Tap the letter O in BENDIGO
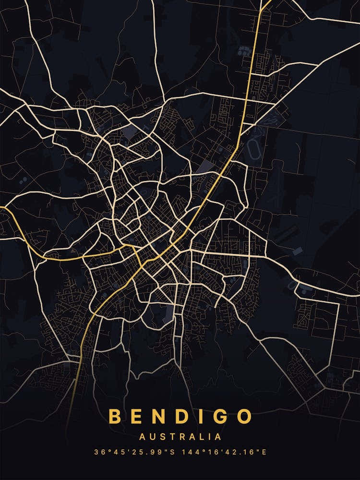[x=244, y=416]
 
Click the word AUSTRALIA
[x=180, y=437]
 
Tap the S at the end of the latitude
[x=174, y=452]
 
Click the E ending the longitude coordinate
[x=264, y=452]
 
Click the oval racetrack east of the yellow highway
[x=252, y=150]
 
